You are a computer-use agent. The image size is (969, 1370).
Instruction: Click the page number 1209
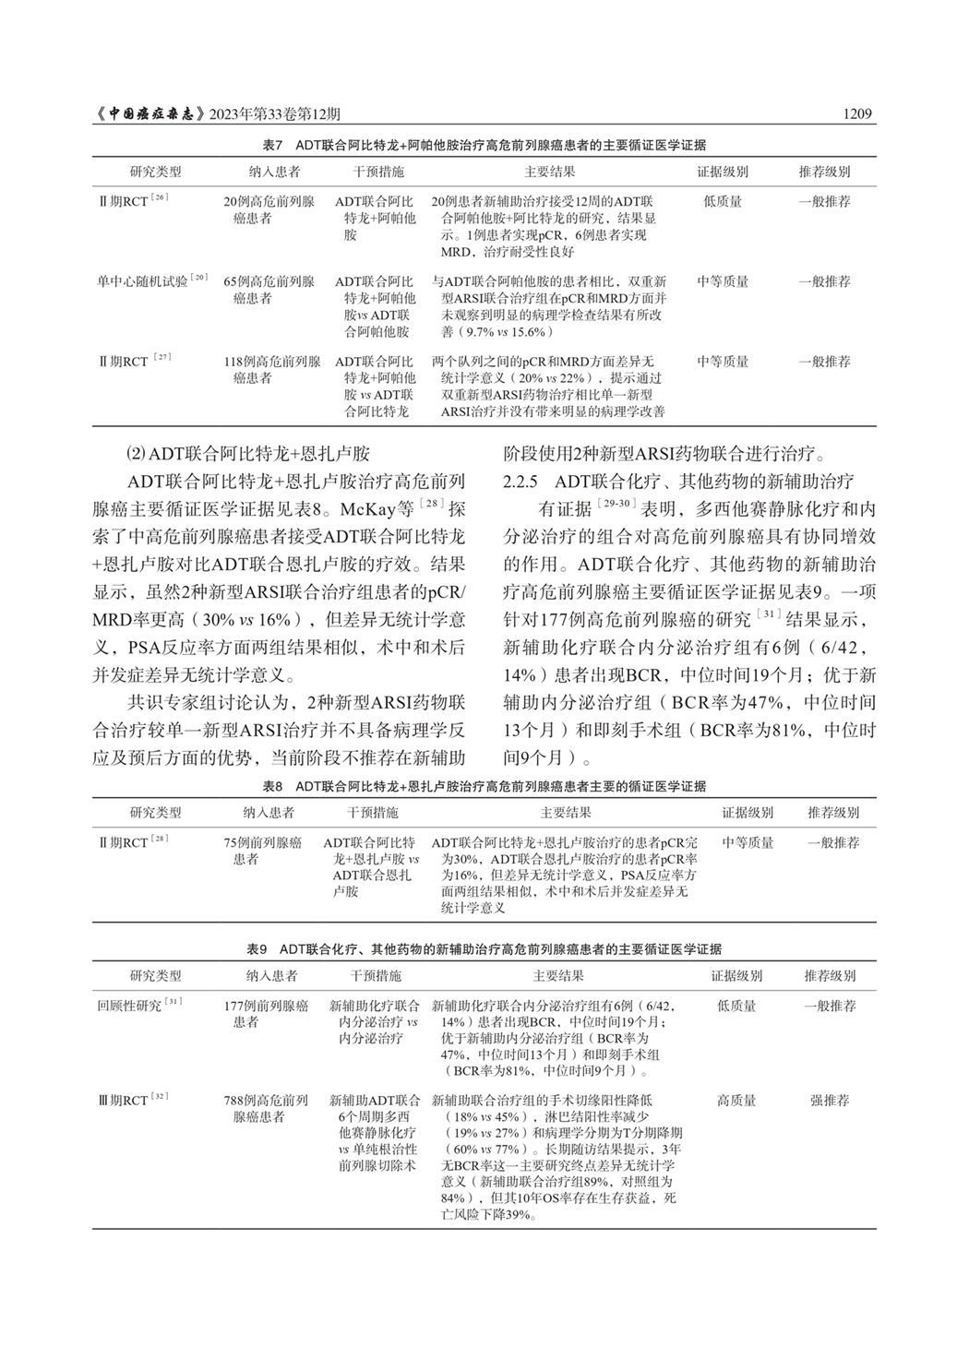pos(857,114)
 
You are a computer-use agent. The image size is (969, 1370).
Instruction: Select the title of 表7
pos(484,145)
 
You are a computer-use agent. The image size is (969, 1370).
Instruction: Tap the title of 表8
pos(484,786)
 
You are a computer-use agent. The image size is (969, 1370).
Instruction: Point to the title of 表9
pos(484,948)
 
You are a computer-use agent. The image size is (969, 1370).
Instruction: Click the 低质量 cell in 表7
pos(723,201)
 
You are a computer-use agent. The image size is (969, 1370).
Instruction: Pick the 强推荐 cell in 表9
pos(830,1101)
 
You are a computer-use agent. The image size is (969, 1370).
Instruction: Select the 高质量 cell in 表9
pos(736,1101)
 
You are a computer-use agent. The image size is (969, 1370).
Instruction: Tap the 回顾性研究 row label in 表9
pos(129,1006)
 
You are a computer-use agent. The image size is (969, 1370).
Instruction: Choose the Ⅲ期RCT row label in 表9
pos(123,1101)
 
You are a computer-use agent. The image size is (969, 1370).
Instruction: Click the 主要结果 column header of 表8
pos(566,813)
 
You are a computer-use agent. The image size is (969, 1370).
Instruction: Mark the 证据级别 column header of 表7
pos(723,172)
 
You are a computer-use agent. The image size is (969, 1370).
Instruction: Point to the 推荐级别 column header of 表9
pos(830,975)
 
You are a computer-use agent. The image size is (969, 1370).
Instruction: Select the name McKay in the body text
pos(367,509)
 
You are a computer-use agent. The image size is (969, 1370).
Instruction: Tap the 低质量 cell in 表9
pos(736,1006)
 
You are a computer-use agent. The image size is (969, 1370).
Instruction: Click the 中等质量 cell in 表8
pos(748,842)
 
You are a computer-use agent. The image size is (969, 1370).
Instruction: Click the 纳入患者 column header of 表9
pos(271,975)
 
